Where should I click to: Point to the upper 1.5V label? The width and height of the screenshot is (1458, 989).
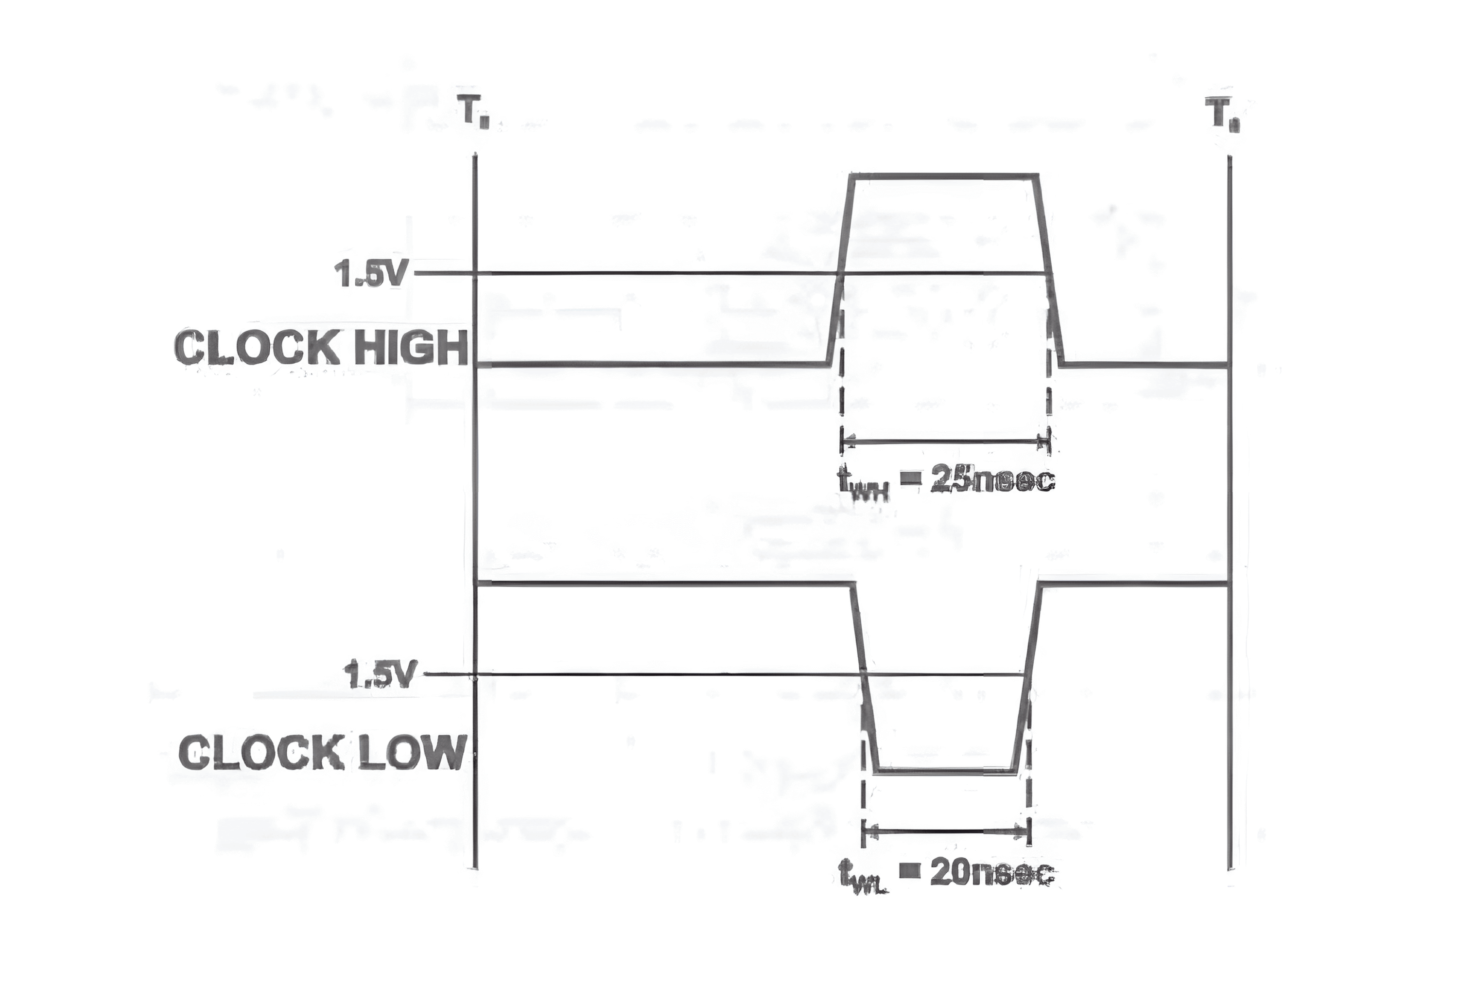coord(371,274)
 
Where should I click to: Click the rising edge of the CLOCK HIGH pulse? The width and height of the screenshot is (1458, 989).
coord(841,270)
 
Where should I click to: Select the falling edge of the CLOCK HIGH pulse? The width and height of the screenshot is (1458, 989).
coord(1049,270)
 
